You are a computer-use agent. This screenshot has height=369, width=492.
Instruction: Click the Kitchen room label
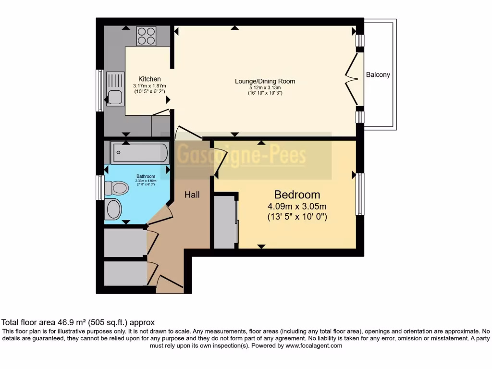pyautogui.click(x=149, y=79)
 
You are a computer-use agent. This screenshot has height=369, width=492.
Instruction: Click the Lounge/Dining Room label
pyautogui.click(x=265, y=81)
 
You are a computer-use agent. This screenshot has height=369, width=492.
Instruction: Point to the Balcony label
pyautogui.click(x=378, y=75)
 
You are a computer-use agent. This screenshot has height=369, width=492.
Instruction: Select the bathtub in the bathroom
pyautogui.click(x=139, y=153)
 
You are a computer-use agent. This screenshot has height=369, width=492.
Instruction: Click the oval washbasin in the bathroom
pyautogui.click(x=114, y=209)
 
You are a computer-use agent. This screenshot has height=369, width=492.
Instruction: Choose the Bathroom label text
pyautogui.click(x=145, y=176)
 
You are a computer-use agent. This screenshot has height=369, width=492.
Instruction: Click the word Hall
pyautogui.click(x=192, y=195)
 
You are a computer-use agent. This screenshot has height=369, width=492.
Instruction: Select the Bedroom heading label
pyautogui.click(x=297, y=195)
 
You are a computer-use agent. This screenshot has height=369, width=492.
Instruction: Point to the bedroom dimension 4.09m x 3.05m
pyautogui.click(x=297, y=206)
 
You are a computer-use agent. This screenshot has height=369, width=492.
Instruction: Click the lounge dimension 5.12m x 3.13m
pyautogui.click(x=265, y=87)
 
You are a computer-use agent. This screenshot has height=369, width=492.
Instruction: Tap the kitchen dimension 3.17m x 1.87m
pyautogui.click(x=149, y=86)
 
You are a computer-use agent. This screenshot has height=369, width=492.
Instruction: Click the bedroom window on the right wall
pyautogui.click(x=359, y=194)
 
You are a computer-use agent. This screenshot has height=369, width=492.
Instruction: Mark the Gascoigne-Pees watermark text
pyautogui.click(x=242, y=156)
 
